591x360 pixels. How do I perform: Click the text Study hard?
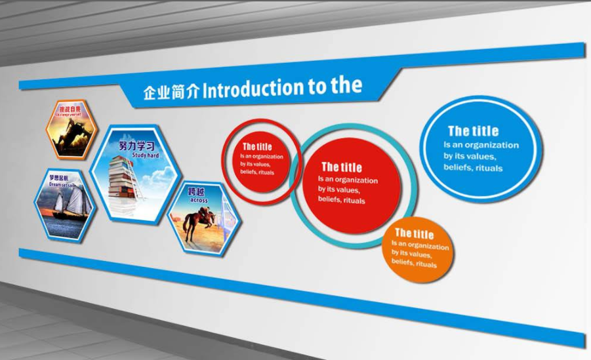click(145, 155)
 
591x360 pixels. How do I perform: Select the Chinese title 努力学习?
click(137, 146)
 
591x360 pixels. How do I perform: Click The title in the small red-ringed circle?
click(256, 147)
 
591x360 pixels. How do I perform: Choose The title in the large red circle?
click(341, 167)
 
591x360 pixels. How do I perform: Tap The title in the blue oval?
click(473, 131)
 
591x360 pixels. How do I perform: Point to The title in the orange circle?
click(414, 234)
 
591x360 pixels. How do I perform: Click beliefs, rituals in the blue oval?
click(473, 168)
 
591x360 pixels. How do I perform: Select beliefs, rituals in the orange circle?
click(414, 262)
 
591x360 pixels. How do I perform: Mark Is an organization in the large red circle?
click(348, 180)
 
